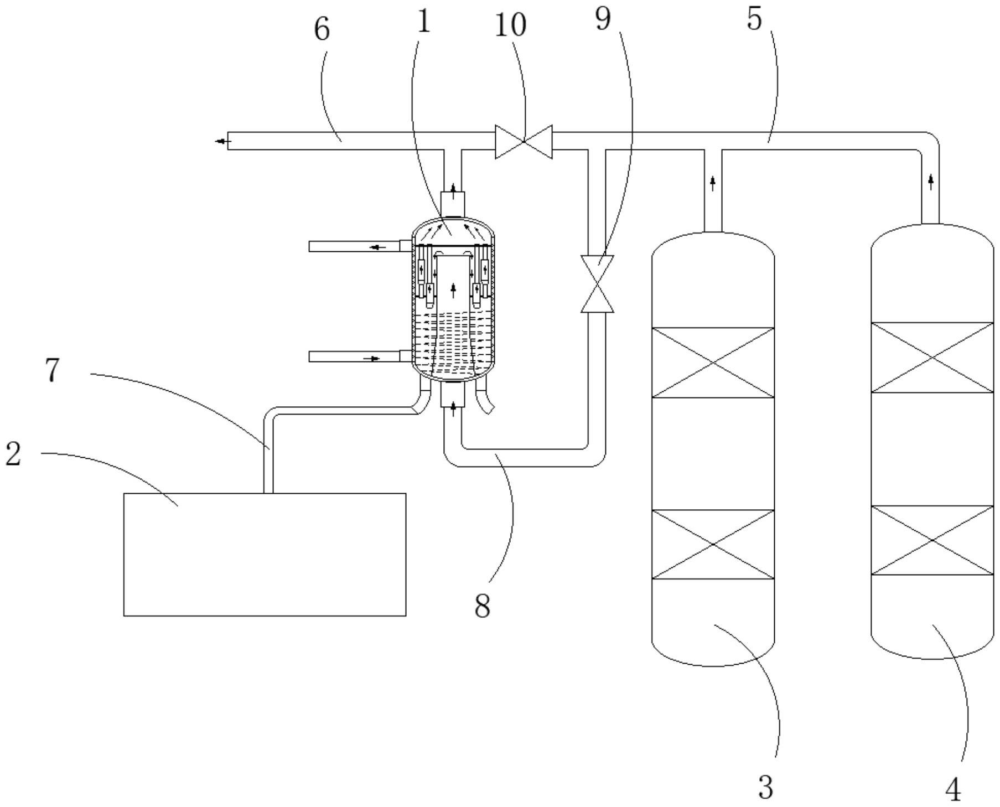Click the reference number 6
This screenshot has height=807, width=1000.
tap(322, 29)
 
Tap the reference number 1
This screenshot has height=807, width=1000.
tap(423, 22)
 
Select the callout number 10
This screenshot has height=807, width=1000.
tap(510, 25)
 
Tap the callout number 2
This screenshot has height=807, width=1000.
tap(13, 454)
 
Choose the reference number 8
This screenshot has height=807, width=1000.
tap(483, 606)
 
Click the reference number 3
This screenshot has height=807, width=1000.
tap(766, 787)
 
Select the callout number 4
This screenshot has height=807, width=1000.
tap(953, 790)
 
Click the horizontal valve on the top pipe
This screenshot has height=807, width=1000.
tap(524, 142)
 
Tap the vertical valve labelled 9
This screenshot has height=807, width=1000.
tap(597, 283)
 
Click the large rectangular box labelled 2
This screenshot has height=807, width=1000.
tap(265, 554)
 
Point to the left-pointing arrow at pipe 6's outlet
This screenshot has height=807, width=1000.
tap(223, 142)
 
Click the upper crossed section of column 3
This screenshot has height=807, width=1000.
tap(713, 363)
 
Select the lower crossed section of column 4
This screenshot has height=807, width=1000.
tap(932, 540)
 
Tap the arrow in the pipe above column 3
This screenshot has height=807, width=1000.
tap(713, 183)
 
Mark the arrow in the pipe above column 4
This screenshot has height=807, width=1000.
tap(931, 181)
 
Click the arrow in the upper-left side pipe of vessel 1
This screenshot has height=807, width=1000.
tap(378, 247)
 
